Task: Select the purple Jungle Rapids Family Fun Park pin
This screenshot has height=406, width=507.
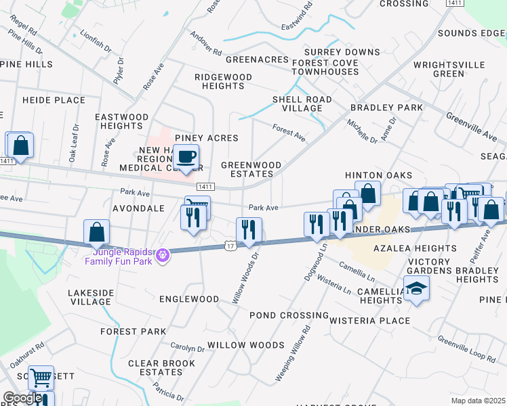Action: (x=162, y=255)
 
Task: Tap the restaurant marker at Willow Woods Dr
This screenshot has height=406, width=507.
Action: (x=249, y=230)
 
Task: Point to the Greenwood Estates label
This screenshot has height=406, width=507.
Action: (x=251, y=169)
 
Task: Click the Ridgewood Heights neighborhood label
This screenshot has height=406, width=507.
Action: (x=223, y=82)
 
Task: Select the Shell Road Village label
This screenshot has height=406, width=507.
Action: (x=302, y=104)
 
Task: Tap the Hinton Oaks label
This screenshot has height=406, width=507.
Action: (x=369, y=175)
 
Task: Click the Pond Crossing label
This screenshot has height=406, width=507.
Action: (x=289, y=315)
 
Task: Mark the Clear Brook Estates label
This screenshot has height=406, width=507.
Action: (x=155, y=367)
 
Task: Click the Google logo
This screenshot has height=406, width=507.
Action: (x=22, y=398)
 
